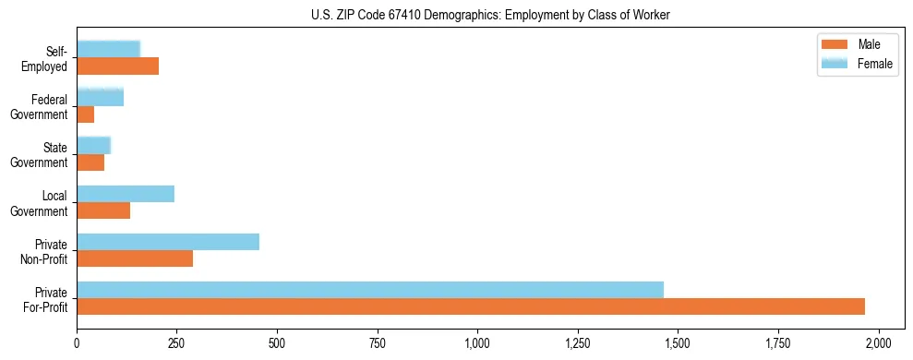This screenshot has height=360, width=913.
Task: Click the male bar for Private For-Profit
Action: click(471, 306)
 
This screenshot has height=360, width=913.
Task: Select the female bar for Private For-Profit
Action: click(370, 290)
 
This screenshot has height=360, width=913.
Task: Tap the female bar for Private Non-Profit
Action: click(168, 242)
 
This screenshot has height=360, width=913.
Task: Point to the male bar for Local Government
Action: click(103, 210)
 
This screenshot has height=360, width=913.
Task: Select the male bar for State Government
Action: click(90, 162)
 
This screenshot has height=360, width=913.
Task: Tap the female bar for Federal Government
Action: click(100, 97)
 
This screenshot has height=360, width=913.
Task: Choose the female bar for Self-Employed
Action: click(109, 49)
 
